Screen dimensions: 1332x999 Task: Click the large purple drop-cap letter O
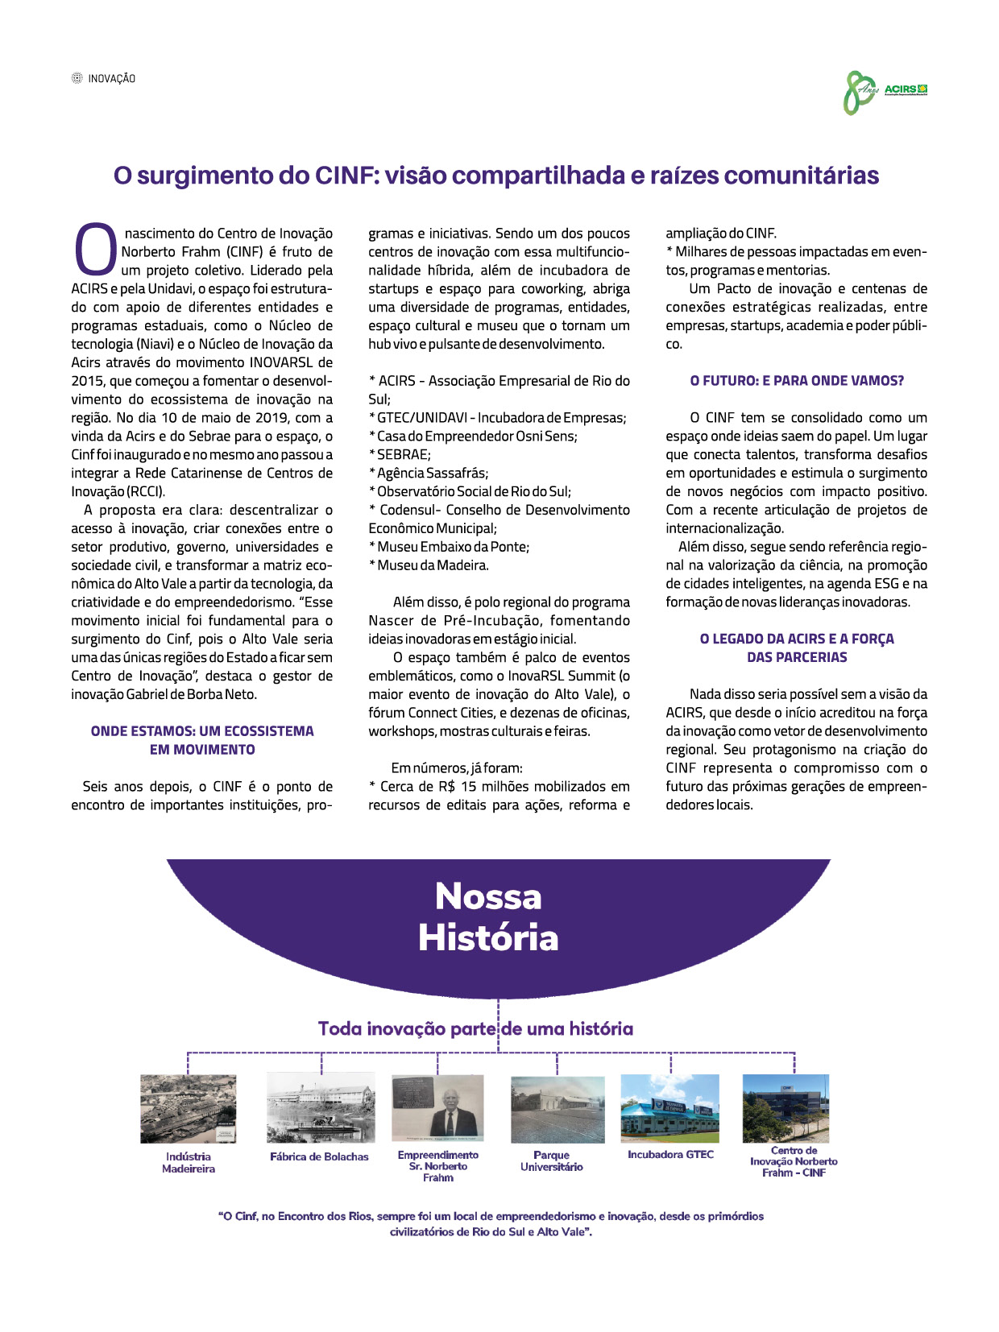click(96, 250)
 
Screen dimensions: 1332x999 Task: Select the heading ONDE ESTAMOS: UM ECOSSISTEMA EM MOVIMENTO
click(202, 740)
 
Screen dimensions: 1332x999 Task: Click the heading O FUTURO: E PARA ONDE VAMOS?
click(797, 380)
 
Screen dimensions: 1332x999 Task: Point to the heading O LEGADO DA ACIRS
click(797, 647)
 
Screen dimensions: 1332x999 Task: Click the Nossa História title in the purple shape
click(488, 917)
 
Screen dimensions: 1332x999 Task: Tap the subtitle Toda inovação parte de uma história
click(475, 1028)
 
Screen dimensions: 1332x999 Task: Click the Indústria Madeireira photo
click(189, 1108)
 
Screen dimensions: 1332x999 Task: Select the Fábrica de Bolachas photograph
click(321, 1107)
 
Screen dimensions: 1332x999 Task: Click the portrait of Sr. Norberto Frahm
click(437, 1108)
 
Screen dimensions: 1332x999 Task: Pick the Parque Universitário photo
click(558, 1109)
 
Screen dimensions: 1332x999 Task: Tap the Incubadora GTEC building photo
click(670, 1107)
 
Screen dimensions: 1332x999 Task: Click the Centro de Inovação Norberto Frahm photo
click(786, 1107)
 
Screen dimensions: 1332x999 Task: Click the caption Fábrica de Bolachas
click(320, 1156)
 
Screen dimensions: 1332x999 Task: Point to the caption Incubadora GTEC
click(670, 1154)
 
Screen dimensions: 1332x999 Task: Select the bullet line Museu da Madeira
click(429, 565)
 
